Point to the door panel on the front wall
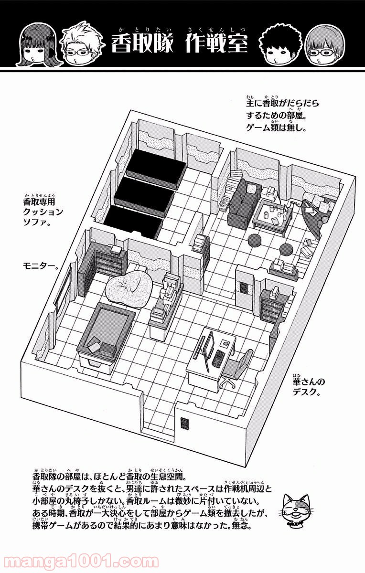click(x=184, y=424)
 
